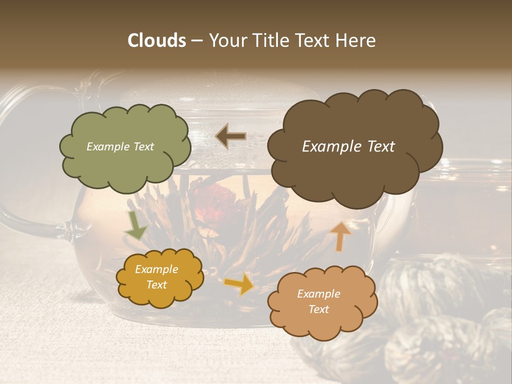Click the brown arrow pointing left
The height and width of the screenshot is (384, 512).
pyautogui.click(x=231, y=137)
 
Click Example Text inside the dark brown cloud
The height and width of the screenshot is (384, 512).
pyautogui.click(x=348, y=147)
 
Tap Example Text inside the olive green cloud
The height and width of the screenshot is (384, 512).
pyautogui.click(x=120, y=147)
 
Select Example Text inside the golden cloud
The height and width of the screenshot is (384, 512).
pyautogui.click(x=156, y=277)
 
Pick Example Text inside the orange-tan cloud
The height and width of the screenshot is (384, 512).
pyautogui.click(x=318, y=301)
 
